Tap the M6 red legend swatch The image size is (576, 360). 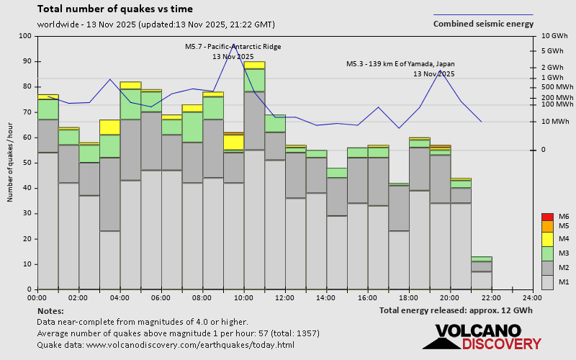(x=546, y=217)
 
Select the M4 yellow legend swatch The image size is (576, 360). (x=546, y=238)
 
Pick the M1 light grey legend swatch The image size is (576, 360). (x=546, y=282)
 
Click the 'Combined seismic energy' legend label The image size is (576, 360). (x=483, y=24)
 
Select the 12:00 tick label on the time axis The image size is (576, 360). (x=284, y=297)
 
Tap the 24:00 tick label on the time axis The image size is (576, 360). (x=532, y=297)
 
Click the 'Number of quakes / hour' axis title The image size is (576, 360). (x=11, y=163)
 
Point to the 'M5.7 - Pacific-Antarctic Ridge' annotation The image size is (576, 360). (x=233, y=47)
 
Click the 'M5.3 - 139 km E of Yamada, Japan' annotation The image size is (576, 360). (x=400, y=64)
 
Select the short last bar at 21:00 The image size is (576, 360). (x=482, y=274)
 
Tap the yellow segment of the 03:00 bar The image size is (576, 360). (x=109, y=127)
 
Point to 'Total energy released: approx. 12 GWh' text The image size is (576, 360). (x=456, y=310)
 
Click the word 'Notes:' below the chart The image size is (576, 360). (x=50, y=310)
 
